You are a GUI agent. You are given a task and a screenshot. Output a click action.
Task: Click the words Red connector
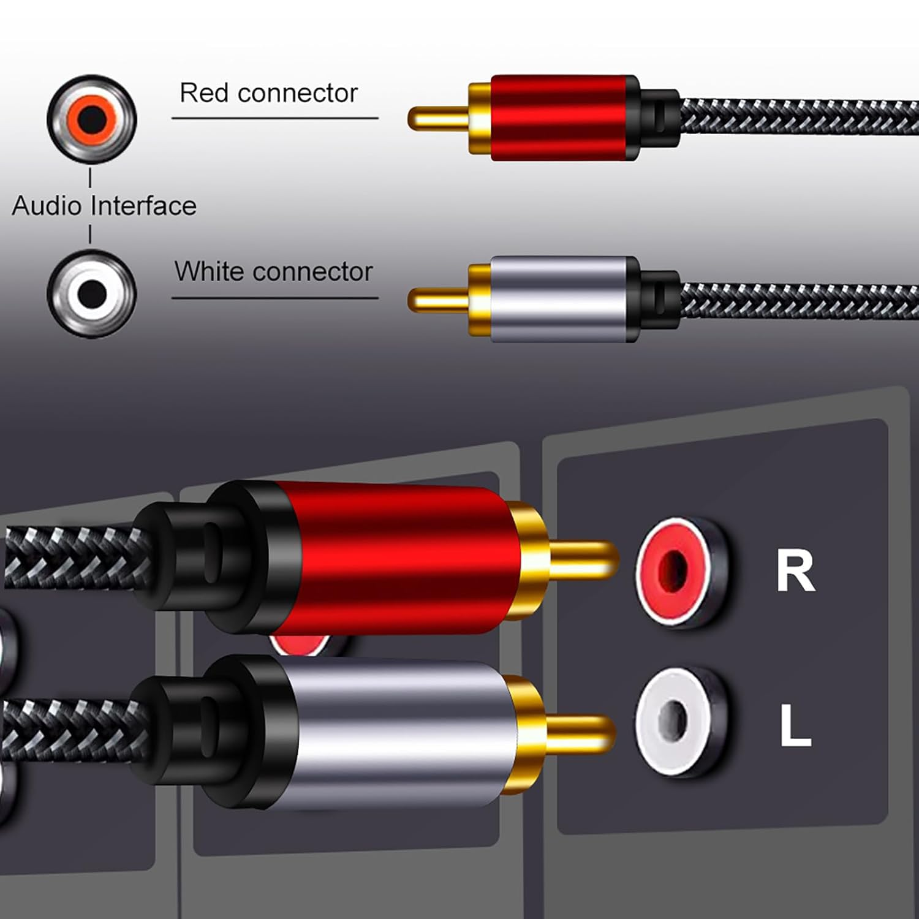coord(268,93)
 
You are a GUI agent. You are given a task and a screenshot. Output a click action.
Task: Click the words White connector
coord(273,271)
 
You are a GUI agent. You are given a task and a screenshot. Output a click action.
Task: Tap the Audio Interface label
coord(104,206)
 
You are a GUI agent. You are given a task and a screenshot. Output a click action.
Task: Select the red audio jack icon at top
coord(91,118)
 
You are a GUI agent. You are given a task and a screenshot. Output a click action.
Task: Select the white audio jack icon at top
coord(91,293)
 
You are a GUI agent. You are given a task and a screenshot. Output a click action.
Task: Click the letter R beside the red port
coord(795,571)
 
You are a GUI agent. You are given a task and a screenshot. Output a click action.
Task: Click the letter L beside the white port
coord(795,726)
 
